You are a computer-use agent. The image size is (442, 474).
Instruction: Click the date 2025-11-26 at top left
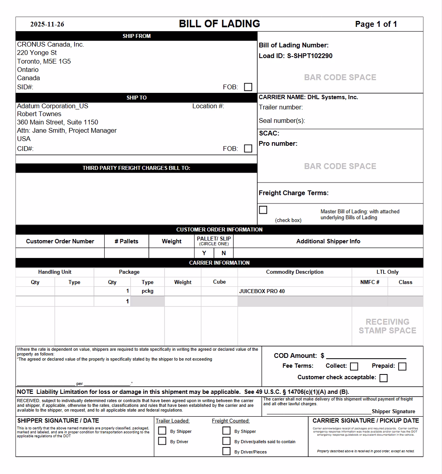click(x=47, y=24)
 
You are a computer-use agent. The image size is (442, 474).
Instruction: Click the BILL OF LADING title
click(x=219, y=24)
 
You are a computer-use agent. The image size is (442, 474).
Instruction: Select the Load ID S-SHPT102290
click(x=309, y=56)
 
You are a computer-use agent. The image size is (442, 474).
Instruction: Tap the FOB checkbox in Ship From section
click(x=248, y=87)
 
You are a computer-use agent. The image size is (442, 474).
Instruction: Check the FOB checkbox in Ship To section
click(x=248, y=149)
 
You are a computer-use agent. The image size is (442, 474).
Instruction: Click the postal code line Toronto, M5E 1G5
click(x=44, y=61)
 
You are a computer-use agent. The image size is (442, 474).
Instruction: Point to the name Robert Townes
click(x=39, y=114)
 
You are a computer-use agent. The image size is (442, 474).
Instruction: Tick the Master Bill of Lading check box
click(x=263, y=210)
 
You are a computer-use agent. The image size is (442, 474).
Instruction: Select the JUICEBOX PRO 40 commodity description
click(x=262, y=291)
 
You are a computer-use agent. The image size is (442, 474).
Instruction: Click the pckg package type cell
click(x=148, y=291)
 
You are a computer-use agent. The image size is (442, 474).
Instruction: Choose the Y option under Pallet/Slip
click(x=204, y=253)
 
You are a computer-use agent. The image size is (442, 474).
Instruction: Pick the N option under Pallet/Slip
click(x=224, y=253)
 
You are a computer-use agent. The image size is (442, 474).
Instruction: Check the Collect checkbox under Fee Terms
click(x=354, y=367)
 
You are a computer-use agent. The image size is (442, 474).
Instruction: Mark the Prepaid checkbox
click(x=402, y=367)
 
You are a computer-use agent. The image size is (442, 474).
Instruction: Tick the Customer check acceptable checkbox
click(x=383, y=378)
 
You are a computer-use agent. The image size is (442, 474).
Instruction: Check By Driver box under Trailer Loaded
click(x=162, y=441)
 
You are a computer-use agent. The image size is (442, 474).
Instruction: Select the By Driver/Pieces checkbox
click(x=227, y=451)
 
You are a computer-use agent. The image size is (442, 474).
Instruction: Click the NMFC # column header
click(x=370, y=282)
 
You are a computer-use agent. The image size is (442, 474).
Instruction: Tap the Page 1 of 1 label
click(x=376, y=24)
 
